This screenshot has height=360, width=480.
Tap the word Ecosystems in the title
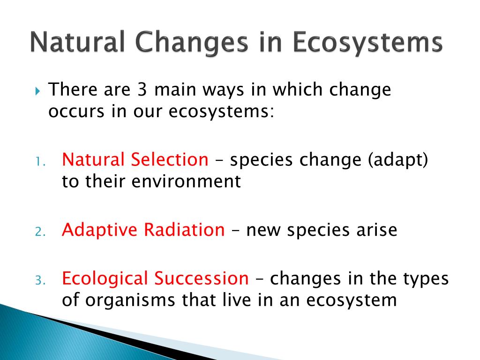pyautogui.click(x=367, y=42)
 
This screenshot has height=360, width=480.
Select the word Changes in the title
pyautogui.click(x=191, y=43)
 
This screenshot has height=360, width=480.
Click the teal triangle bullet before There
pyautogui.click(x=37, y=91)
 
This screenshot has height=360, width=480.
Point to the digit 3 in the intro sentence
pyautogui.click(x=142, y=90)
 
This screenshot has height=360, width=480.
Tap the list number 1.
pyautogui.click(x=40, y=161)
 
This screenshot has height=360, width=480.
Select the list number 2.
pyautogui.click(x=40, y=232)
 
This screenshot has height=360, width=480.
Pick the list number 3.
pyautogui.click(x=40, y=280)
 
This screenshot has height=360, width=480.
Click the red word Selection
pyautogui.click(x=170, y=159)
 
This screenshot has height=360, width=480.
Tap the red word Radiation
pyautogui.click(x=184, y=230)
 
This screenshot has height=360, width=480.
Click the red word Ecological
pyautogui.click(x=105, y=279)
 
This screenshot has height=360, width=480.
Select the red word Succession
pyautogui.click(x=201, y=278)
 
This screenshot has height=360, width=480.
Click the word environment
pyautogui.click(x=186, y=181)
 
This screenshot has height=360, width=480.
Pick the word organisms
pyautogui.click(x=130, y=300)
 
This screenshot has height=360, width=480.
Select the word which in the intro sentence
pyautogui.click(x=298, y=90)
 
